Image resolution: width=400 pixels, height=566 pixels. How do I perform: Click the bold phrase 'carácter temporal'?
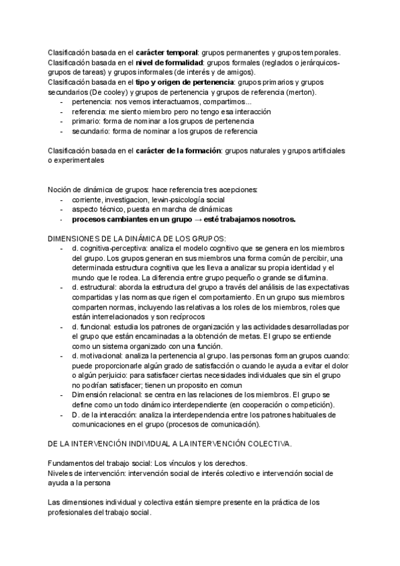[x=167, y=53]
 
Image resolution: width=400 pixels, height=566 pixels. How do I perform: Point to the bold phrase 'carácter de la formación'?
[x=179, y=152]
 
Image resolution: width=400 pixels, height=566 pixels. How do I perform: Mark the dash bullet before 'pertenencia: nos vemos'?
[x=62, y=102]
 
